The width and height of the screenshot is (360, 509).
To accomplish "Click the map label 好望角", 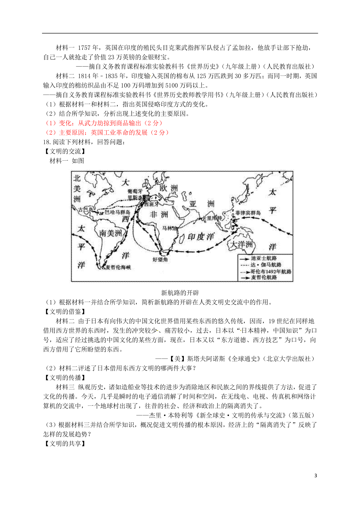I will [160, 259].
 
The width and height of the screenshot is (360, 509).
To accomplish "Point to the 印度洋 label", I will [201, 237].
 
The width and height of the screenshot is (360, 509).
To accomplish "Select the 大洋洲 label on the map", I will [241, 244].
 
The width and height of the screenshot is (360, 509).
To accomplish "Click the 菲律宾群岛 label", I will [248, 213].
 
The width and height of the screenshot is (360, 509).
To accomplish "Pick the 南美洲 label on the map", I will [110, 233].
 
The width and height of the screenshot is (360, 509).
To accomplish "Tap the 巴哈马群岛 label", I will [117, 212].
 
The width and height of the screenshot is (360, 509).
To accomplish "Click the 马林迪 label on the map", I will [169, 228].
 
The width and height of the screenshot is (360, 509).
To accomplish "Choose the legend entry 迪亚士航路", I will [264, 258].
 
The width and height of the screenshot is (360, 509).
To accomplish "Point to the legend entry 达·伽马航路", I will [266, 265].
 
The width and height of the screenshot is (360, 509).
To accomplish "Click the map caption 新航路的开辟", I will [180, 293].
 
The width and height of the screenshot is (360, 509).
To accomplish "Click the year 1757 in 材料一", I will [84, 48].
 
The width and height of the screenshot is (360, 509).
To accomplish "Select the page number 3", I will [315, 475].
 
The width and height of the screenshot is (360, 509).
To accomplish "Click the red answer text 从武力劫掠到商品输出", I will [109, 123].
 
